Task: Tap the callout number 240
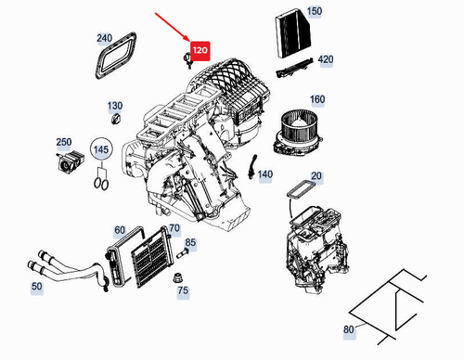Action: coord(104,39)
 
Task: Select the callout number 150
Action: coord(315,11)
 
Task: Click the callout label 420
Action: coord(325,59)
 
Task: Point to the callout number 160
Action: coord(316,99)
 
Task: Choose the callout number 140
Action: coord(265,174)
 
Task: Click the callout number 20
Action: coord(316,176)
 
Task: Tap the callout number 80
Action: coord(349,328)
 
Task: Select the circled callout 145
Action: coord(100,149)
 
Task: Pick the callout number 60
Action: coord(120,230)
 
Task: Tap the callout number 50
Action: coord(36,288)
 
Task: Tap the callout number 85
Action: coord(190,243)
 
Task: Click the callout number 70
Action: coord(174,229)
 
